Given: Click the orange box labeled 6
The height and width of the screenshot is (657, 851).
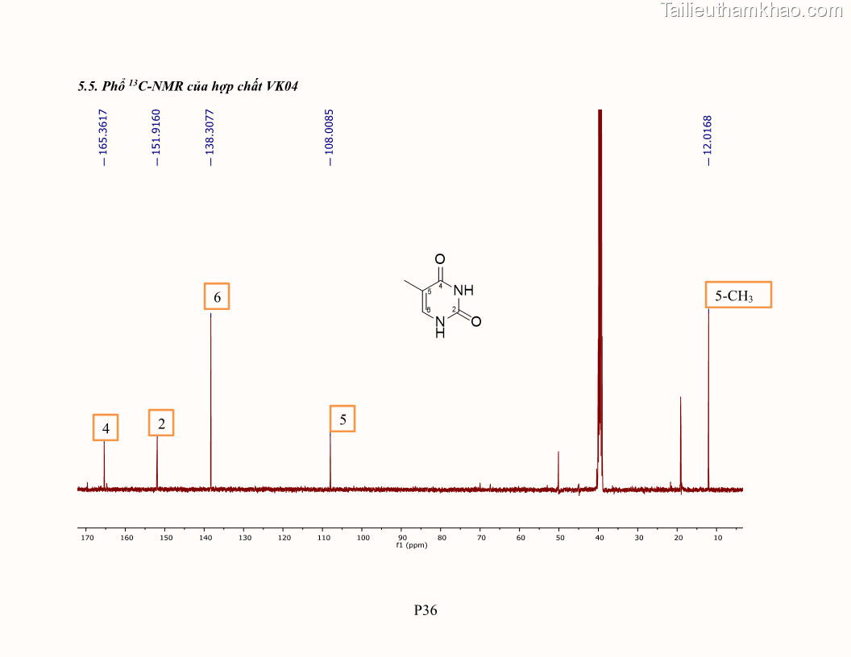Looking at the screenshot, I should point(217,296).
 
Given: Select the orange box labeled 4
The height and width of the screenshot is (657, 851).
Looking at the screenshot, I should point(106,428).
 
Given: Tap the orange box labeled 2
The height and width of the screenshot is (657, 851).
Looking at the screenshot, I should point(161,423).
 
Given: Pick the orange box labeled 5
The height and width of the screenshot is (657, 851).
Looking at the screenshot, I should point(342,419).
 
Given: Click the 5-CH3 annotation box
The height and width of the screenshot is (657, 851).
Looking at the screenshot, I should point(738,295).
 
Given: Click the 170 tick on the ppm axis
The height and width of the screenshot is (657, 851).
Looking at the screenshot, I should point(87,537).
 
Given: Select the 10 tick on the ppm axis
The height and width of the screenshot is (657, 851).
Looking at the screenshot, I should point(717,537).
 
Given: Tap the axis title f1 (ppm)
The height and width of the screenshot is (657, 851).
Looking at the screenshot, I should point(411,545).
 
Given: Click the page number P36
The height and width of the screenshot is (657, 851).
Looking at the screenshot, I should point(425,610).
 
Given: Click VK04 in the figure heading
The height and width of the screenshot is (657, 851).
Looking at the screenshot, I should point(282,86).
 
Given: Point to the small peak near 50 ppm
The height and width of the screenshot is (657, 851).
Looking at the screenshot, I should point(558,467).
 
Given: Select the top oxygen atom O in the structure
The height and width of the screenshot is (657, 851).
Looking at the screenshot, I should point(439,259).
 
